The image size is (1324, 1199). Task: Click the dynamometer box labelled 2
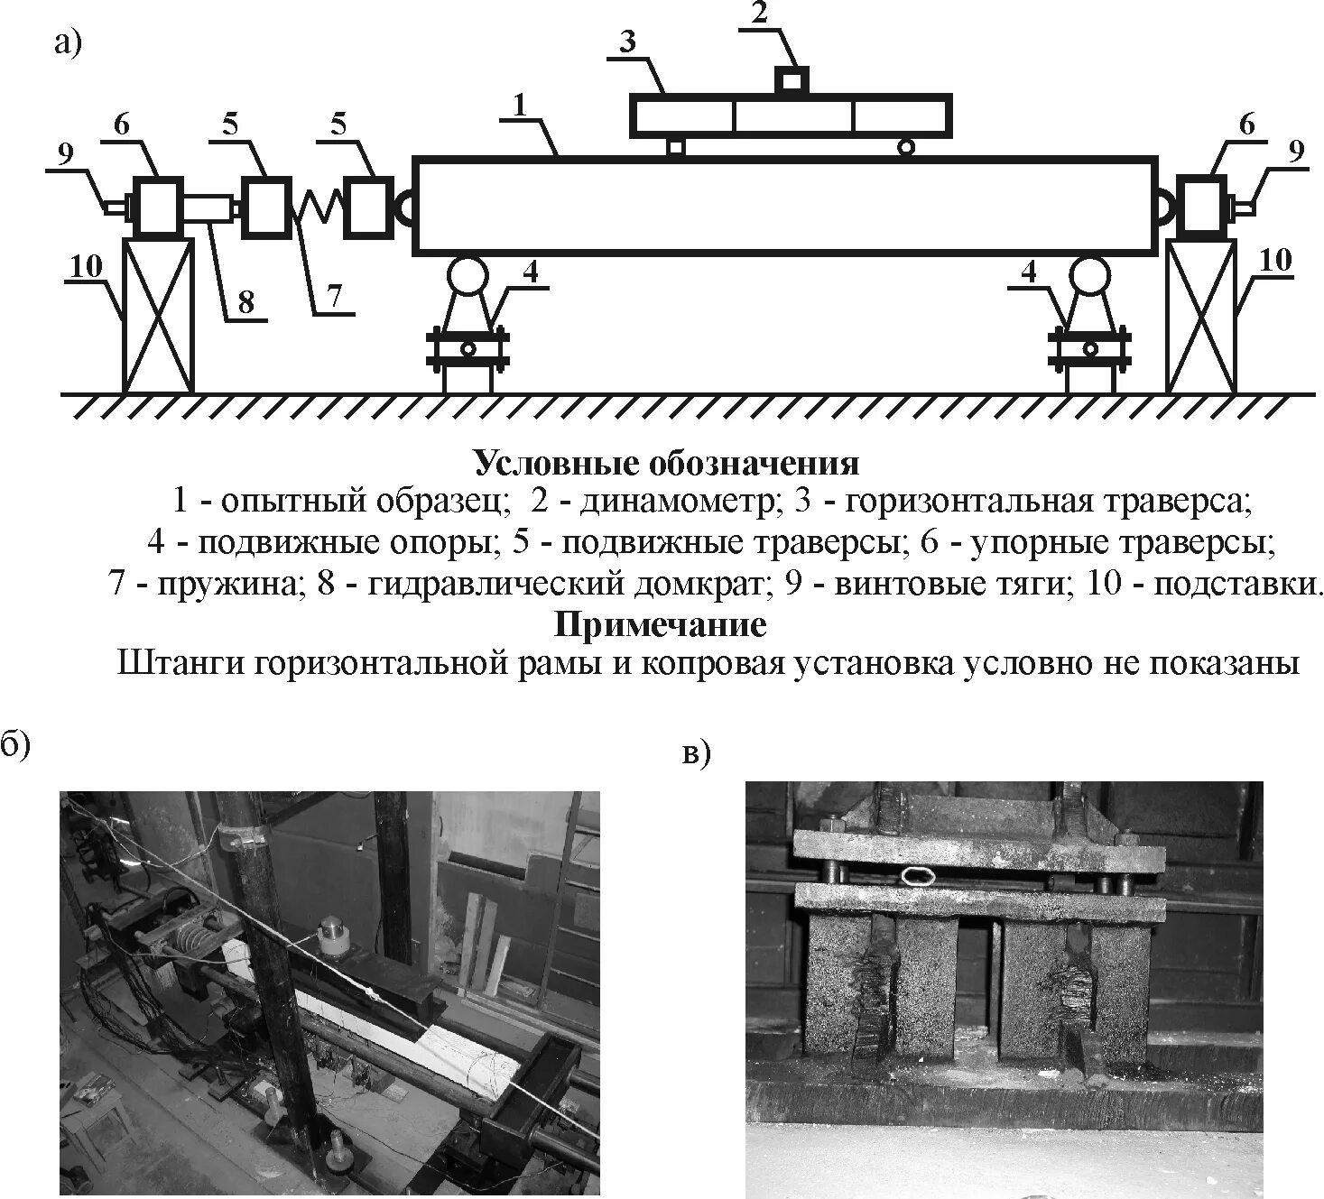tap(792, 80)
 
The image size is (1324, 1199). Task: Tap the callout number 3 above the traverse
tap(628, 42)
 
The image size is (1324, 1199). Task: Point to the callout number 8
tap(246, 302)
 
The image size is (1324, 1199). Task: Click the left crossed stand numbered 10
tap(158, 316)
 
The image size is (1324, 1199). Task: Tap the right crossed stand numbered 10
tap(1201, 316)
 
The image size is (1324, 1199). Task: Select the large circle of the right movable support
tap(1090, 275)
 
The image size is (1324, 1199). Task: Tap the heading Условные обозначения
tap(666, 464)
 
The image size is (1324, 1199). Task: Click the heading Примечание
tap(660, 624)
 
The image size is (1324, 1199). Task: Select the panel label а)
tap(68, 42)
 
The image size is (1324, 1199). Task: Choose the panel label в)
tap(697, 754)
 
